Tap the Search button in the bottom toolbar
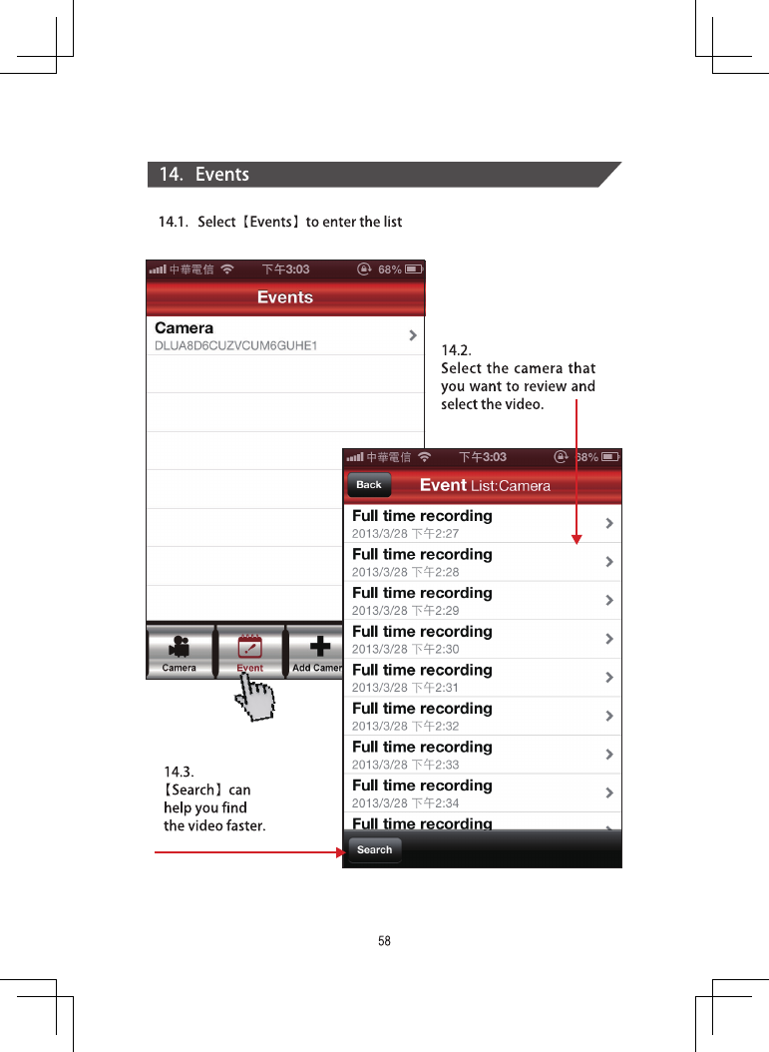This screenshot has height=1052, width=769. pyautogui.click(x=374, y=850)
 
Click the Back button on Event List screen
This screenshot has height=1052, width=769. pyautogui.click(x=369, y=484)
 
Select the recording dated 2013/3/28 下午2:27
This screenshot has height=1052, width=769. pyautogui.click(x=482, y=523)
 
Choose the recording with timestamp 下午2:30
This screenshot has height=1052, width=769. pyautogui.click(x=482, y=639)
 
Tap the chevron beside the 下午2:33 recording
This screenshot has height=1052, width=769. pyautogui.click(x=608, y=755)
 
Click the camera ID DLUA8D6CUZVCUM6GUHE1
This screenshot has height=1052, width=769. pyautogui.click(x=236, y=345)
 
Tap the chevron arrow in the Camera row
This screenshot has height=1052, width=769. pyautogui.click(x=413, y=334)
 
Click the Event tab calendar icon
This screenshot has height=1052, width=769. pyautogui.click(x=250, y=647)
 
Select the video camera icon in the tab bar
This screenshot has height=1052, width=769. pyautogui.click(x=179, y=646)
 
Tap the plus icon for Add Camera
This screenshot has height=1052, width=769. pyautogui.click(x=320, y=646)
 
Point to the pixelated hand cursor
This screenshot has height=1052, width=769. pyautogui.click(x=255, y=698)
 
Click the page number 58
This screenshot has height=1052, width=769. pyautogui.click(x=384, y=940)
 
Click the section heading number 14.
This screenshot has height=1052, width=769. pyautogui.click(x=171, y=175)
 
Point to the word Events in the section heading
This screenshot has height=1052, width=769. pyautogui.click(x=221, y=175)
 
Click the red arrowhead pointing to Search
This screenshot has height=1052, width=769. pyautogui.click(x=340, y=852)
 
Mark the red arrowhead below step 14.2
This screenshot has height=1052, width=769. pyautogui.click(x=577, y=539)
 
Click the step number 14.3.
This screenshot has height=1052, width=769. pyautogui.click(x=179, y=772)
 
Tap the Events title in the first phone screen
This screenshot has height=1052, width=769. pyautogui.click(x=285, y=297)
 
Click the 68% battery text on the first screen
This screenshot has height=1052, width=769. pyautogui.click(x=390, y=269)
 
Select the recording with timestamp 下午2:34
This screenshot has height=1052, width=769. pyautogui.click(x=482, y=793)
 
